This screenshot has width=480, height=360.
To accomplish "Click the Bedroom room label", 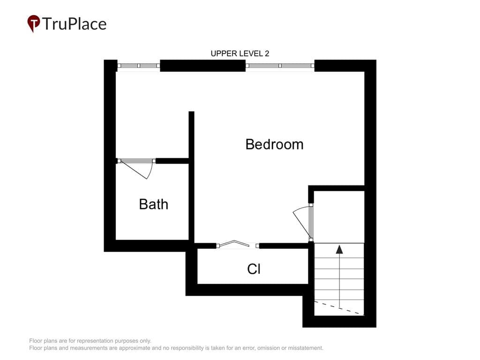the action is pos(274,144).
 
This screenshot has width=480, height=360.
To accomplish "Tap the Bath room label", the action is pos(153,204).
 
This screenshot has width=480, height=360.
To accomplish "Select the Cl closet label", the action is pos(254,269).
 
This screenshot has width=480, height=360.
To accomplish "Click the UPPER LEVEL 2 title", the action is pos(240,53).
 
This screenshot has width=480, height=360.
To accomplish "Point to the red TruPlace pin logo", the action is pos(34,23).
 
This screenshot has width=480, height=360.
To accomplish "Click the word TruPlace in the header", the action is pos(75,24).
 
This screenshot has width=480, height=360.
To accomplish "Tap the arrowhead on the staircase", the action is pos(339,249).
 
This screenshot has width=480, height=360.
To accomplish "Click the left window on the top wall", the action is pos(139,66).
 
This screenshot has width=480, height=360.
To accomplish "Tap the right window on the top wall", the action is pos(280,66).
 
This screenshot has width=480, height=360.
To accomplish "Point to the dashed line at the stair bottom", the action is pos(339,308).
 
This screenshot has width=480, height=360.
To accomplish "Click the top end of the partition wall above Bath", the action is pos(191,112).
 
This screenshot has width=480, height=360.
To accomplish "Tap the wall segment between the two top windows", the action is pos(202,66).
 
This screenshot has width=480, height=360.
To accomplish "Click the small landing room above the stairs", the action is pos(339,217).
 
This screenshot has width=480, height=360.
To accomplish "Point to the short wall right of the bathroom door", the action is pos(172,161).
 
